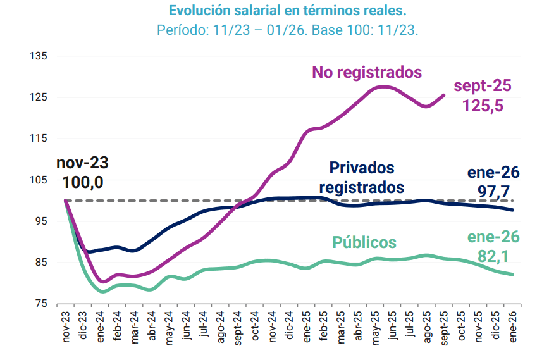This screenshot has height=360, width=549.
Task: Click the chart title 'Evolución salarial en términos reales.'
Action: coord(287,11)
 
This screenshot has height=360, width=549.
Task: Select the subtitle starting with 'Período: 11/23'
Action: coord(287,30)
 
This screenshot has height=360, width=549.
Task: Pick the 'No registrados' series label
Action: coord(367,72)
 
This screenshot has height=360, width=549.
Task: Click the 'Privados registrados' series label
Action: coord(362,178)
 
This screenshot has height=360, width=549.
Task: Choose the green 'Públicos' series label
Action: coord(364,242)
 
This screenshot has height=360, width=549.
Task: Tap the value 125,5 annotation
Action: coord(483,106)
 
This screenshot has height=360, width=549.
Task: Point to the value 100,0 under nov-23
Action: coord(83,182)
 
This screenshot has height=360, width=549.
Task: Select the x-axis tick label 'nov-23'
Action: coord(66,328)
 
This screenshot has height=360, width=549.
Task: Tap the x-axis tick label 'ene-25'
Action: coord(306,328)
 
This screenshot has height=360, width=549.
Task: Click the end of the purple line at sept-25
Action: coord(443,95)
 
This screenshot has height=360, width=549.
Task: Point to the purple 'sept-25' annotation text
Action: coord(483,86)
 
